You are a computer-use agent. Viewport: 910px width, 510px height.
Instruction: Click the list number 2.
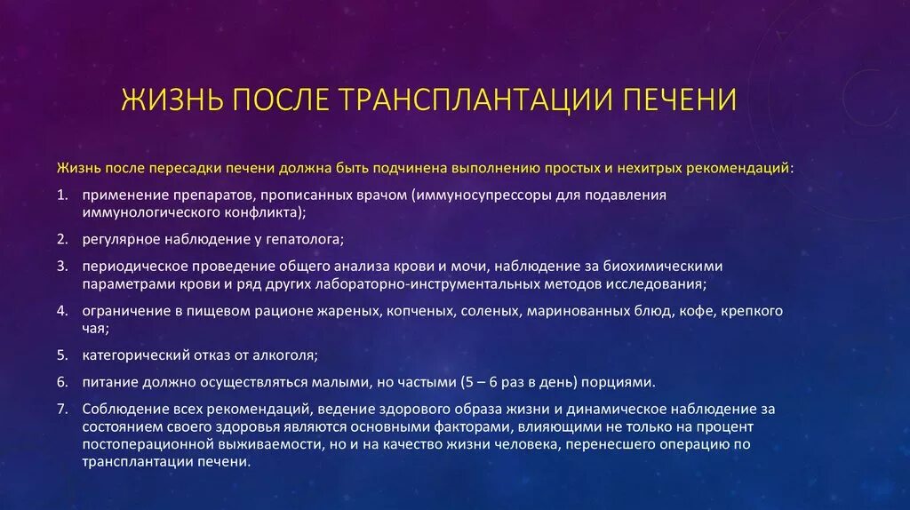click(61, 240)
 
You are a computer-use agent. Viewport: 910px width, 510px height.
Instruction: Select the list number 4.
click(61, 311)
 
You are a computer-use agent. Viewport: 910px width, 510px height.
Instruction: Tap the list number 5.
click(61, 356)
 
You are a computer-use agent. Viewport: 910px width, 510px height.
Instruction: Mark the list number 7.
click(61, 409)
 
